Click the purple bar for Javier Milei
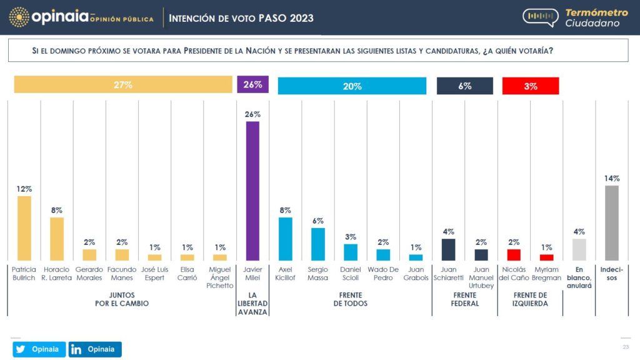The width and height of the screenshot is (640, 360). [x=252, y=191]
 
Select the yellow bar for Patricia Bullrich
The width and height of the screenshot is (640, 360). [x=24, y=228]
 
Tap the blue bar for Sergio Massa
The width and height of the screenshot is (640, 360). [x=318, y=244]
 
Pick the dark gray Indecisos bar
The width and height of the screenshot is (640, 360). [x=612, y=223]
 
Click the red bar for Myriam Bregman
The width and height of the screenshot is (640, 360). [x=546, y=257]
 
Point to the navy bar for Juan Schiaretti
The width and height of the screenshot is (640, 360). [x=449, y=250]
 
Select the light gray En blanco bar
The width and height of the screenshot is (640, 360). [x=579, y=250]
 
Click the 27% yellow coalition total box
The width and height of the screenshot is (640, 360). [x=123, y=84]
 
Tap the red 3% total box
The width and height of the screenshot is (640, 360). [x=531, y=86]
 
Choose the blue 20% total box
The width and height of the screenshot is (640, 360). [x=352, y=86]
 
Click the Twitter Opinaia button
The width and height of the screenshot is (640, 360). [x=39, y=349]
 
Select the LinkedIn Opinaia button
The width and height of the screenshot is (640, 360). [x=95, y=349]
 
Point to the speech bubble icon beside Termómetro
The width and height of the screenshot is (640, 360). [x=541, y=17]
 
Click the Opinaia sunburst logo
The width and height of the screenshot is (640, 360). [x=19, y=17]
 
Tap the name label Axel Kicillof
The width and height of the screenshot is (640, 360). [x=285, y=274]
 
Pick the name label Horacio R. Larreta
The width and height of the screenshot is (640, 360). [x=57, y=274]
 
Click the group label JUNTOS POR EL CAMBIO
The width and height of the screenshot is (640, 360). [x=122, y=299]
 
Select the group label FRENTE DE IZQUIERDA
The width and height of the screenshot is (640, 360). [x=530, y=299]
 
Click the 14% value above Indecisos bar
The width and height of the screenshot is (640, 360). [x=612, y=178]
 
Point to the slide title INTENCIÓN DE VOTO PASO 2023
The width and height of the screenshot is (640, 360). [x=241, y=18]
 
